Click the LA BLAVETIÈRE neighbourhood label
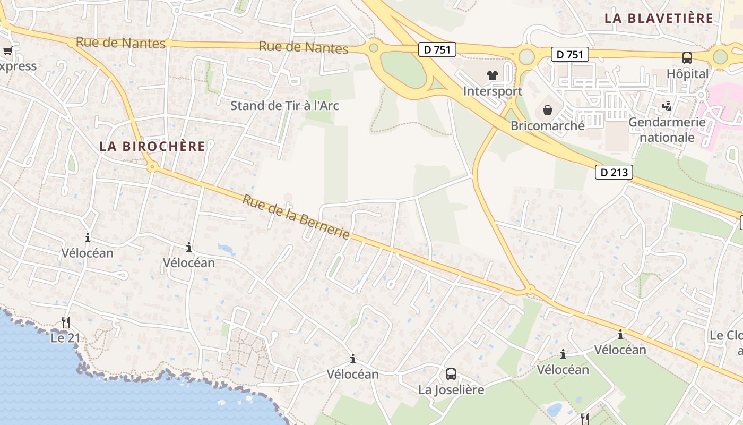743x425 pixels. (x=659, y=18)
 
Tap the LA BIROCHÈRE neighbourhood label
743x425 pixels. (x=152, y=146)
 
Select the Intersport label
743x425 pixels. (x=493, y=91)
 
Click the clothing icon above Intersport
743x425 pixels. (x=493, y=75)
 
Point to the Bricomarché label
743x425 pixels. (x=548, y=126)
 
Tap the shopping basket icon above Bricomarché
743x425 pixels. (x=547, y=110)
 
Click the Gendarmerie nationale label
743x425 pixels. (x=667, y=130)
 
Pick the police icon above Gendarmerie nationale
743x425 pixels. (x=667, y=107)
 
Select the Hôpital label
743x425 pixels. (x=687, y=74)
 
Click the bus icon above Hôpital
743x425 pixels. (x=687, y=58)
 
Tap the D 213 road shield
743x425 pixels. (x=614, y=172)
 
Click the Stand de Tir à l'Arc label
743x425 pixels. (x=284, y=106)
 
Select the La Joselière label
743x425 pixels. (x=451, y=390)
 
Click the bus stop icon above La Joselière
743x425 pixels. (x=451, y=374)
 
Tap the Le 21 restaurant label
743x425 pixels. (x=65, y=338)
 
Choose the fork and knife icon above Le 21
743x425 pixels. (x=65, y=322)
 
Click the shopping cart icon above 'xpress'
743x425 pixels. (x=7, y=51)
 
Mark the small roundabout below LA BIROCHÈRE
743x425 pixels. (x=153, y=167)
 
